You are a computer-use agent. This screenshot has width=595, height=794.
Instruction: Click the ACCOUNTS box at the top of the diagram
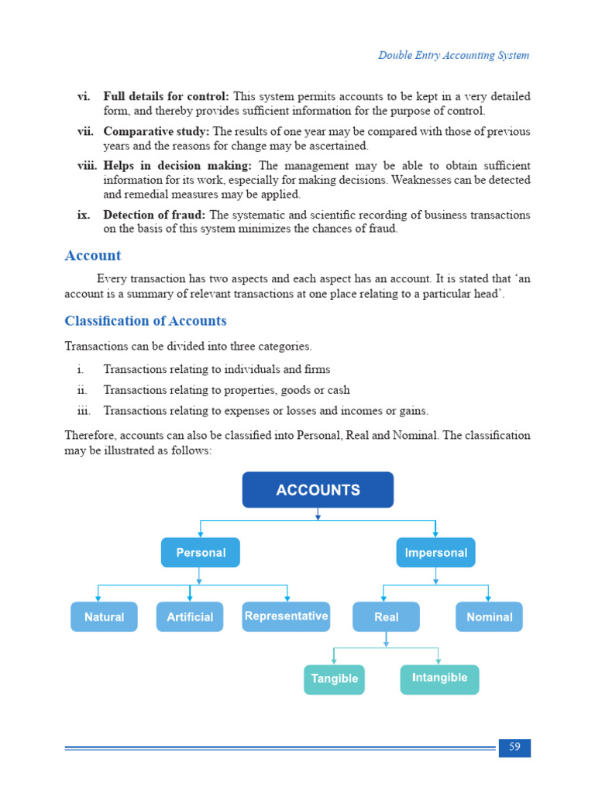[318, 490]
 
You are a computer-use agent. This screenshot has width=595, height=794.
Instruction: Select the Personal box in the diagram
[201, 553]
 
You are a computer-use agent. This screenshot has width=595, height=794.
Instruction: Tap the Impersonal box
[436, 553]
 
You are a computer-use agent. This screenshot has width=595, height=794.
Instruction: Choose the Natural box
[104, 617]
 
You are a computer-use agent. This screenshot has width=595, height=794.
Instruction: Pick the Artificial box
[190, 617]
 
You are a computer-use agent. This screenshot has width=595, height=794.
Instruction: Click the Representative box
[286, 616]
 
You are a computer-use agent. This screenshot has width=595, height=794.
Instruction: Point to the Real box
[386, 617]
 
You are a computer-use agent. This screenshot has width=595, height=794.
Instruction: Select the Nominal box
[489, 617]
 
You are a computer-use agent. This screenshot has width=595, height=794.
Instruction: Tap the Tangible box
[334, 679]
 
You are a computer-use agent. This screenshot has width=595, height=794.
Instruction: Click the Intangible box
[439, 678]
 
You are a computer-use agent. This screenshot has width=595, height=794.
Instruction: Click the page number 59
[514, 747]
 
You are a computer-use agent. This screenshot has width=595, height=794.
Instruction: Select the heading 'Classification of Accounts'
[146, 321]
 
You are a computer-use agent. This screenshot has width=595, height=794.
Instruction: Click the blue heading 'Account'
[93, 256]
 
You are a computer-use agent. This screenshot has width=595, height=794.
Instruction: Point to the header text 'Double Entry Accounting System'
[453, 55]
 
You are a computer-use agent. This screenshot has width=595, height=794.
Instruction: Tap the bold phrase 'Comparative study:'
[156, 132]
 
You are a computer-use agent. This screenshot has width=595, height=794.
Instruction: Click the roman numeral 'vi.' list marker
[84, 97]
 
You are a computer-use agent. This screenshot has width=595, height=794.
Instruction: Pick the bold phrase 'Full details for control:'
[166, 97]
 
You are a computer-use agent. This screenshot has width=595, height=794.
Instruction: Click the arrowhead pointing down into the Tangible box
[334, 661]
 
